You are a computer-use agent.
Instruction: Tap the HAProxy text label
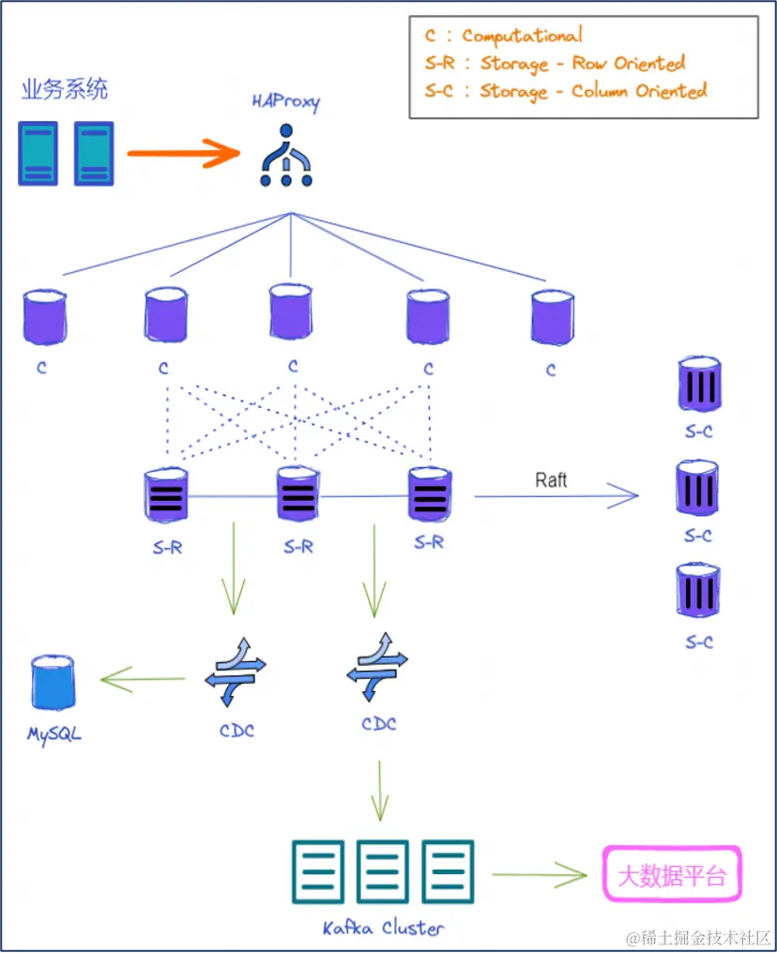(x=285, y=101)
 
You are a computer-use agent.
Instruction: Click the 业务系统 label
(x=65, y=90)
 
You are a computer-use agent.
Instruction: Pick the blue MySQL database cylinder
(x=53, y=684)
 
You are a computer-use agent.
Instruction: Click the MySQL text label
(x=53, y=733)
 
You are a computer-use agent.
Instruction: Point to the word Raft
(x=551, y=480)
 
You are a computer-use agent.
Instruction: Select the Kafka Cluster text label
(x=383, y=928)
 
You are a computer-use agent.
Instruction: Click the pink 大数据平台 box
(x=671, y=875)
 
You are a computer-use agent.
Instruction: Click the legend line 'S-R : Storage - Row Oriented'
(x=555, y=64)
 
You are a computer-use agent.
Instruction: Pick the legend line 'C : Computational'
(x=503, y=37)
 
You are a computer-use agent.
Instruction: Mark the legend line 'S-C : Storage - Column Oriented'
(x=565, y=91)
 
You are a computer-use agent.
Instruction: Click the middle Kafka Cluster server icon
(x=383, y=871)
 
